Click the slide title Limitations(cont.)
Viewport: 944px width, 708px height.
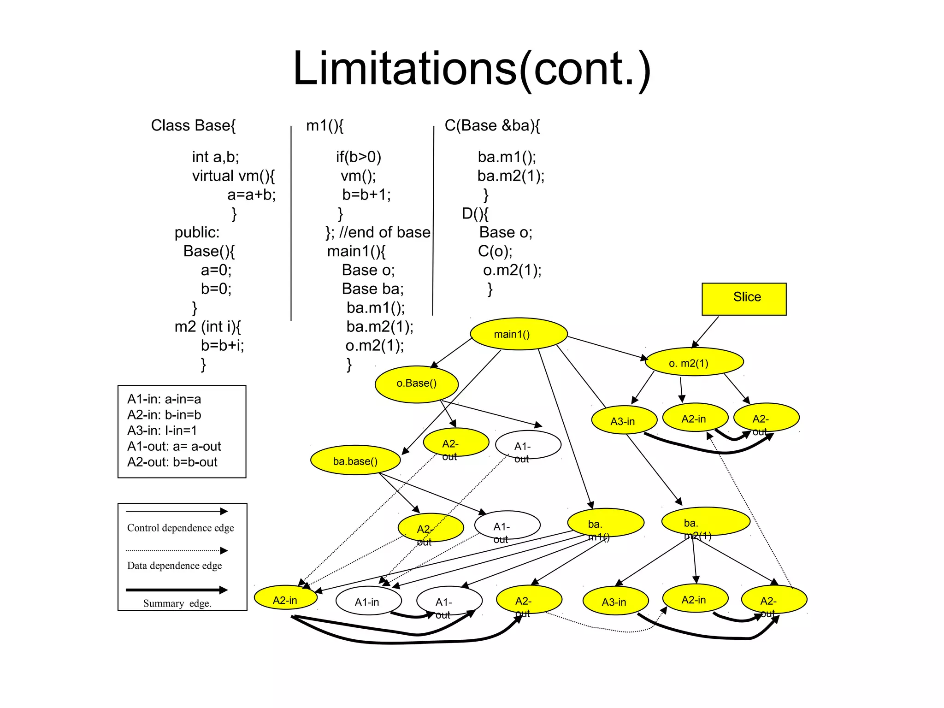point(472,69)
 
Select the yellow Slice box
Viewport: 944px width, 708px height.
point(743,299)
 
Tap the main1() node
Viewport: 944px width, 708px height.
point(519,334)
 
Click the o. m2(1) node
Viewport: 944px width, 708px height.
point(694,362)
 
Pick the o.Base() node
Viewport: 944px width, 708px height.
point(417,384)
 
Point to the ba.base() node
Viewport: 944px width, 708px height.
point(355,460)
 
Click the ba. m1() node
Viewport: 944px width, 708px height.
point(605,523)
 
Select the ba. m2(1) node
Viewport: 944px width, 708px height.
point(705,521)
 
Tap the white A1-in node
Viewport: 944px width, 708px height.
point(368,601)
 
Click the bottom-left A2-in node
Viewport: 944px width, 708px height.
point(286,598)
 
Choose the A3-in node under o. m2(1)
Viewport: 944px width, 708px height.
point(624,420)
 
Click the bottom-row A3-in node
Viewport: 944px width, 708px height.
point(615,601)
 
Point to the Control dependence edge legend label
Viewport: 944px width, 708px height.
point(180,528)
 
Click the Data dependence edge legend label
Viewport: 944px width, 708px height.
point(174,566)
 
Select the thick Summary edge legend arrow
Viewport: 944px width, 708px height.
point(177,590)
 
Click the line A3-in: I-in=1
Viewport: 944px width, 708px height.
point(162,431)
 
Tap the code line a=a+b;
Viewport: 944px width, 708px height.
point(251,195)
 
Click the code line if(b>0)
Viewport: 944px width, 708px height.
point(358,157)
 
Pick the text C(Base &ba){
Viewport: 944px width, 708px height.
point(492,125)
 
